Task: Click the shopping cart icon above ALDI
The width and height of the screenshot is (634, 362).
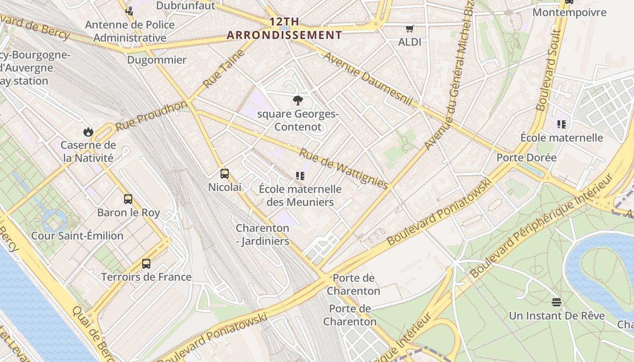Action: click(410, 29)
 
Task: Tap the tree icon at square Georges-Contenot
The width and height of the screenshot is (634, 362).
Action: click(298, 100)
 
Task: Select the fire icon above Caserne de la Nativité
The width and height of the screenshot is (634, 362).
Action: click(88, 132)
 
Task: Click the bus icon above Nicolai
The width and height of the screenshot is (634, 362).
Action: click(224, 173)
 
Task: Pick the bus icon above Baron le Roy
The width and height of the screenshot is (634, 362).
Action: click(128, 199)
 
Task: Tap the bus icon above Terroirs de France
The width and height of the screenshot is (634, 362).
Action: click(146, 263)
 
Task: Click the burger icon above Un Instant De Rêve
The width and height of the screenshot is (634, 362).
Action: click(557, 302)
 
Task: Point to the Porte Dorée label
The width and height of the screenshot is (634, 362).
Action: click(526, 157)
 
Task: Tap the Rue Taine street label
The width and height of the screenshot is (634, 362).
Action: click(224, 68)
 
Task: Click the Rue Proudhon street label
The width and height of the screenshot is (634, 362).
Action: click(151, 115)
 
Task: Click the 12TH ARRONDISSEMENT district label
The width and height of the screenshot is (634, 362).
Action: click(284, 28)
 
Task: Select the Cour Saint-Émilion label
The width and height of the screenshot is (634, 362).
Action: click(77, 236)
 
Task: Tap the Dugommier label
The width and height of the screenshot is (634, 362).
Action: click(157, 60)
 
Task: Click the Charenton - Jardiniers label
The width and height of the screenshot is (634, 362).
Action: click(262, 234)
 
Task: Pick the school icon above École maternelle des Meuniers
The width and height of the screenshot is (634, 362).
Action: click(300, 176)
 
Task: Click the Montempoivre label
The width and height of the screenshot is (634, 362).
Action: click(569, 12)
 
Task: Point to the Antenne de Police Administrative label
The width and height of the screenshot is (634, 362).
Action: click(130, 31)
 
